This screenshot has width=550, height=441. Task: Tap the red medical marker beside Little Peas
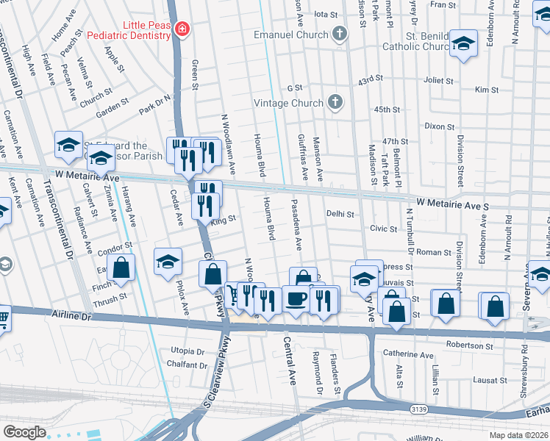tap(182, 29)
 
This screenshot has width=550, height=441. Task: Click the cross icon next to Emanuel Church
tap(339, 33)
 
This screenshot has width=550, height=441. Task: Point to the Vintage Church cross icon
tap(335, 102)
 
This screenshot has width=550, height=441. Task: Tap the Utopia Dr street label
tap(187, 351)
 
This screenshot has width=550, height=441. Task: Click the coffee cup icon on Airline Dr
tap(296, 298)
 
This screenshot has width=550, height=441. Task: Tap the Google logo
tap(24, 432)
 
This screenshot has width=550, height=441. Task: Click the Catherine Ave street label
tap(413, 355)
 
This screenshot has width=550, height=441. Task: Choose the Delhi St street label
tap(340, 215)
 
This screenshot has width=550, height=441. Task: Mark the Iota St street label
tap(325, 14)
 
